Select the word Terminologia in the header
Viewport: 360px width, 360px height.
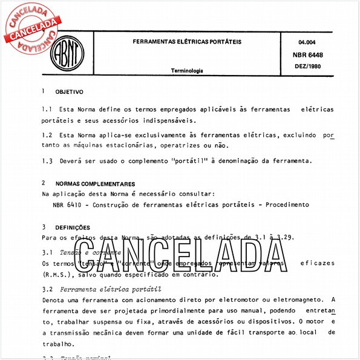pos(187,71)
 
